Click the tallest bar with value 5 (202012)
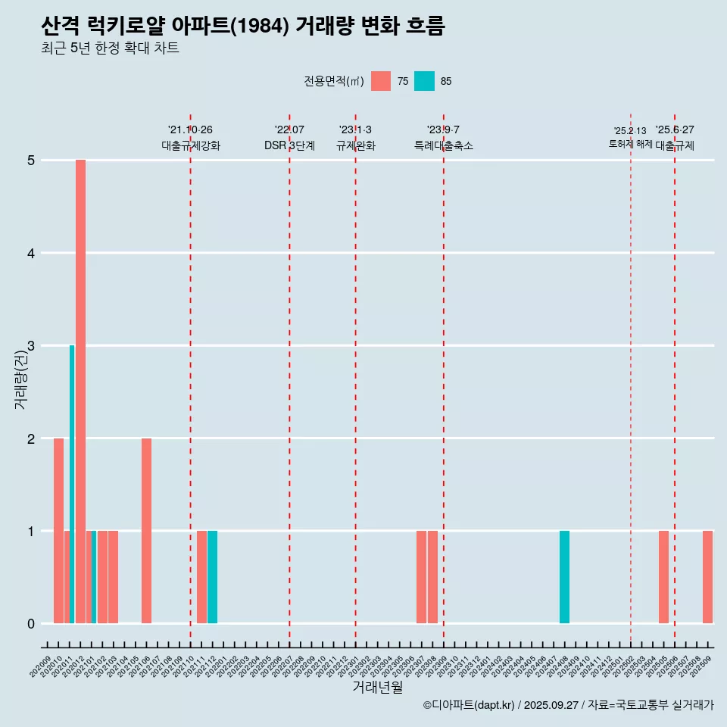point(80,391)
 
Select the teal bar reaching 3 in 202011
point(72,485)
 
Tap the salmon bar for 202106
point(146,530)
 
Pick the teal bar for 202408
point(564,577)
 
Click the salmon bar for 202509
point(707,577)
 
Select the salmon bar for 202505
point(663,577)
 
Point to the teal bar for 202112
point(212,577)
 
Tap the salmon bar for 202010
point(58,530)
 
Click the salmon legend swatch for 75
point(381,81)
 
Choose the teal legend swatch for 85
point(424,81)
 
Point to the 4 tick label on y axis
point(31,253)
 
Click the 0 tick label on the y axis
point(31,624)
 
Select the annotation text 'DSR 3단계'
point(289,146)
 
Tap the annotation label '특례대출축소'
point(444,146)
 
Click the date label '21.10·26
point(190,130)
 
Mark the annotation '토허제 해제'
point(630,144)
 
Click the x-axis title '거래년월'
point(377,687)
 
